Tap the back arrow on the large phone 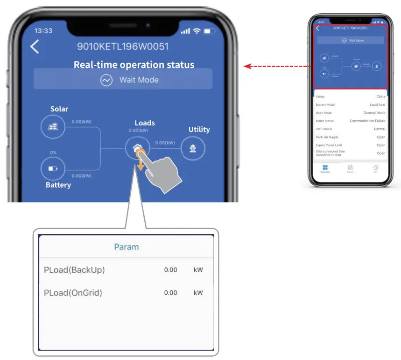[x=35, y=47]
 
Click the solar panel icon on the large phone [x=53, y=127]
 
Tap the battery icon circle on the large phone [x=53, y=168]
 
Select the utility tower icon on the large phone [x=193, y=148]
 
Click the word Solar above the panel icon [x=59, y=109]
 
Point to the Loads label [x=145, y=123]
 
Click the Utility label [x=199, y=130]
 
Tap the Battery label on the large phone [x=58, y=185]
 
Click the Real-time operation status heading [x=134, y=65]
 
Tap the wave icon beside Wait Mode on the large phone [x=106, y=80]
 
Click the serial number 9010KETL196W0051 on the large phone [x=123, y=47]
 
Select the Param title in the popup [x=127, y=247]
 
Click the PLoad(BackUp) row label [x=74, y=270]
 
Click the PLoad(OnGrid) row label [x=73, y=293]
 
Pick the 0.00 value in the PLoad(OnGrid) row [x=170, y=293]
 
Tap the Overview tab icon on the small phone [x=325, y=167]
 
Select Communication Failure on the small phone [x=367, y=121]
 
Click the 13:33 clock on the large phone [x=43, y=31]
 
